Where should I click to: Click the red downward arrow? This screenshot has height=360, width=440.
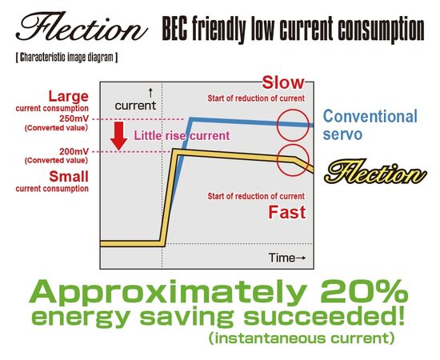click(x=118, y=135)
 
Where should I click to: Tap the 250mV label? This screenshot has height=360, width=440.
click(x=74, y=118)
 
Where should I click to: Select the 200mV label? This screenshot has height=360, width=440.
click(x=74, y=151)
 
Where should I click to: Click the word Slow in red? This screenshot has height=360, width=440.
click(x=283, y=82)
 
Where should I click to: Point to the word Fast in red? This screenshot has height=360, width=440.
click(x=286, y=212)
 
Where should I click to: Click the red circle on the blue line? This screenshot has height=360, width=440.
click(x=293, y=110)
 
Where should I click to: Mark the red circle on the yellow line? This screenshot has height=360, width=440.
click(x=293, y=145)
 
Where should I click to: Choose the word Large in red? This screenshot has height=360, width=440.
click(x=69, y=96)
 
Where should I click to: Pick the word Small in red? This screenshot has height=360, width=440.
click(x=69, y=177)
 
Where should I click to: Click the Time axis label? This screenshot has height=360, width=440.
click(x=286, y=258)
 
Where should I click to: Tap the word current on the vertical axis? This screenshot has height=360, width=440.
click(x=135, y=106)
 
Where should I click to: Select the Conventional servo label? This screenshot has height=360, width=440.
click(x=370, y=125)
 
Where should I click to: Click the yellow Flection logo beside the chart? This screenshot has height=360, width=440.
click(x=375, y=171)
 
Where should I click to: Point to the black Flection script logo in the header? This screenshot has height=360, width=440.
click(x=82, y=26)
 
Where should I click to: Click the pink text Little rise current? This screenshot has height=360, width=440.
click(x=182, y=136)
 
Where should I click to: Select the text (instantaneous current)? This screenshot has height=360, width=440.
click(x=302, y=338)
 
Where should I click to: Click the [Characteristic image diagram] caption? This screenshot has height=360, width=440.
click(x=66, y=58)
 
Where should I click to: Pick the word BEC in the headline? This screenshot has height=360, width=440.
click(x=174, y=28)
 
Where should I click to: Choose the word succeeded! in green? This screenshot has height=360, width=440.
click(x=324, y=317)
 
